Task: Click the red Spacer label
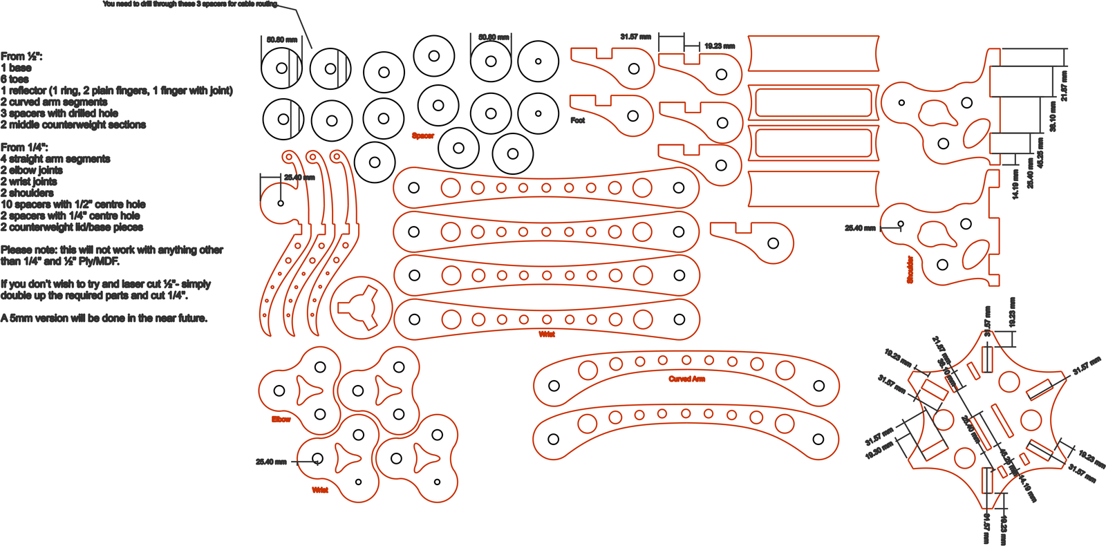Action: [422, 135]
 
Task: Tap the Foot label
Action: [578, 120]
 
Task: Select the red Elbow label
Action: [281, 419]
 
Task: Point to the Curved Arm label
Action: [686, 379]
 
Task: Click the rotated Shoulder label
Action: [910, 270]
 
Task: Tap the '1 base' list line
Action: [16, 68]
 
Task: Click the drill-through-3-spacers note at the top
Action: [190, 4]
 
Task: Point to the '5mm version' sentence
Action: [104, 318]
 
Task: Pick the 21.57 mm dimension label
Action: [1065, 86]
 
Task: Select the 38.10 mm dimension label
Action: [1053, 117]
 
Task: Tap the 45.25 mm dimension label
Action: [1040, 153]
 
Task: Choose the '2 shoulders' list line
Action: [27, 193]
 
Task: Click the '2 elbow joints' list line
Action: [32, 170]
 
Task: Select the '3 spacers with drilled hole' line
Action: [59, 113]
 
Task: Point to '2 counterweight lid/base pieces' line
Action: [72, 227]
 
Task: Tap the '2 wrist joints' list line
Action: [29, 181]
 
